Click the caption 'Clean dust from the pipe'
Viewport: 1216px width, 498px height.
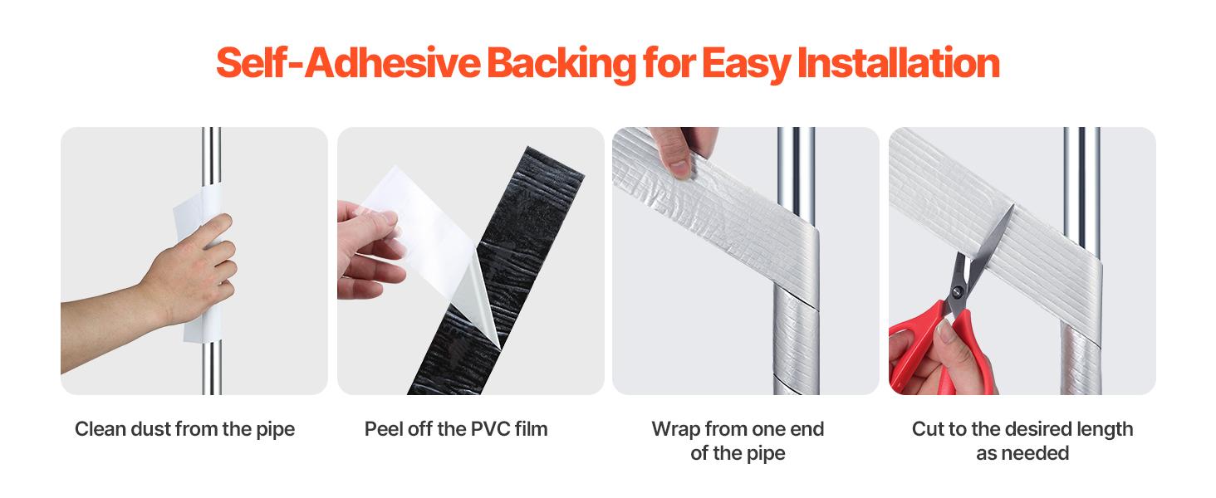pos(184,429)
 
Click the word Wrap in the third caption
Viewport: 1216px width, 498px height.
pos(675,429)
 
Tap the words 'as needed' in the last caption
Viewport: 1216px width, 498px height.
pos(1022,453)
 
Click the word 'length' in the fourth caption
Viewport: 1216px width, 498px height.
pos(1103,429)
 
